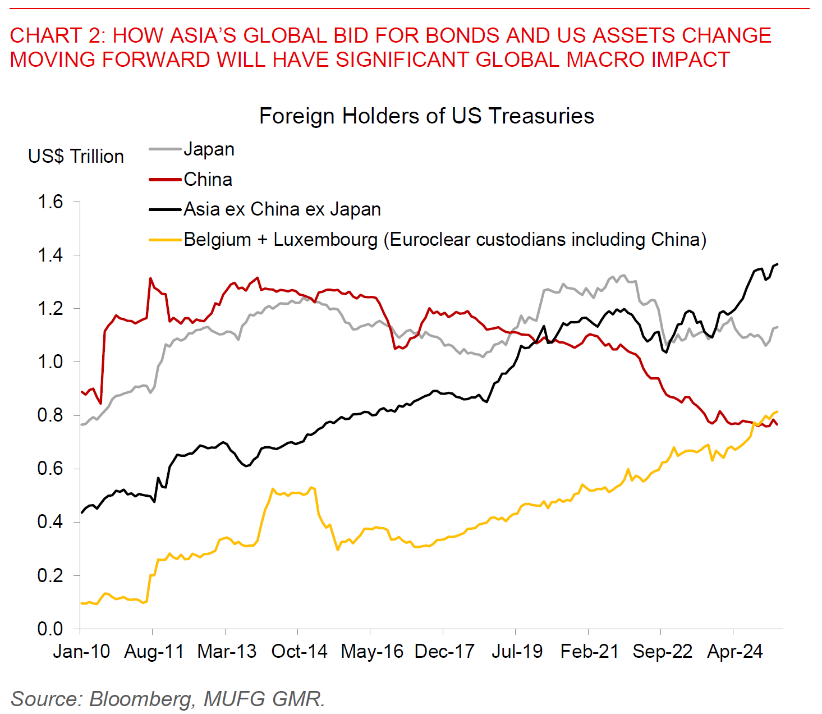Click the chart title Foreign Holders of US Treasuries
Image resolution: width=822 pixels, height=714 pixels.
tap(426, 116)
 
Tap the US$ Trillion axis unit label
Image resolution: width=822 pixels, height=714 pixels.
tap(76, 156)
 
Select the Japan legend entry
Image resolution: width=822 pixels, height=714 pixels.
tap(209, 149)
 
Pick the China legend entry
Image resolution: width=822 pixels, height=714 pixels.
tap(208, 180)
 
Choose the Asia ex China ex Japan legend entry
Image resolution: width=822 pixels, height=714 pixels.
tap(282, 209)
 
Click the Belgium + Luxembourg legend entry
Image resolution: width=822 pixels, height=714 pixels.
tap(444, 240)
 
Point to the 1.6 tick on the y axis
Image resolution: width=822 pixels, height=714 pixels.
tap(50, 202)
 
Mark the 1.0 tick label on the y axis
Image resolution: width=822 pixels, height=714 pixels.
tap(50, 362)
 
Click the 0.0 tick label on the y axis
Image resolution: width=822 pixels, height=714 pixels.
tap(50, 629)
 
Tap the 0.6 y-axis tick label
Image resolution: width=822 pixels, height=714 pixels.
tap(50, 469)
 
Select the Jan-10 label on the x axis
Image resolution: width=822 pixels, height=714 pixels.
tap(82, 652)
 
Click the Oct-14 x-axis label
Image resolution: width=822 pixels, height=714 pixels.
tap(299, 652)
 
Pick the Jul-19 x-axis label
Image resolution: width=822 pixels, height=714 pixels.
tap(517, 652)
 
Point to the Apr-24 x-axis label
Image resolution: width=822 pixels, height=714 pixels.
tap(734, 652)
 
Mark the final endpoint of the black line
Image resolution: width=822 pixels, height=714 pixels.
tap(777, 264)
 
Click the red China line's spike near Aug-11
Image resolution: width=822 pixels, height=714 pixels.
tap(150, 278)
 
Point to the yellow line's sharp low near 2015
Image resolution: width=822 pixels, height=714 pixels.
tap(337, 550)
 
